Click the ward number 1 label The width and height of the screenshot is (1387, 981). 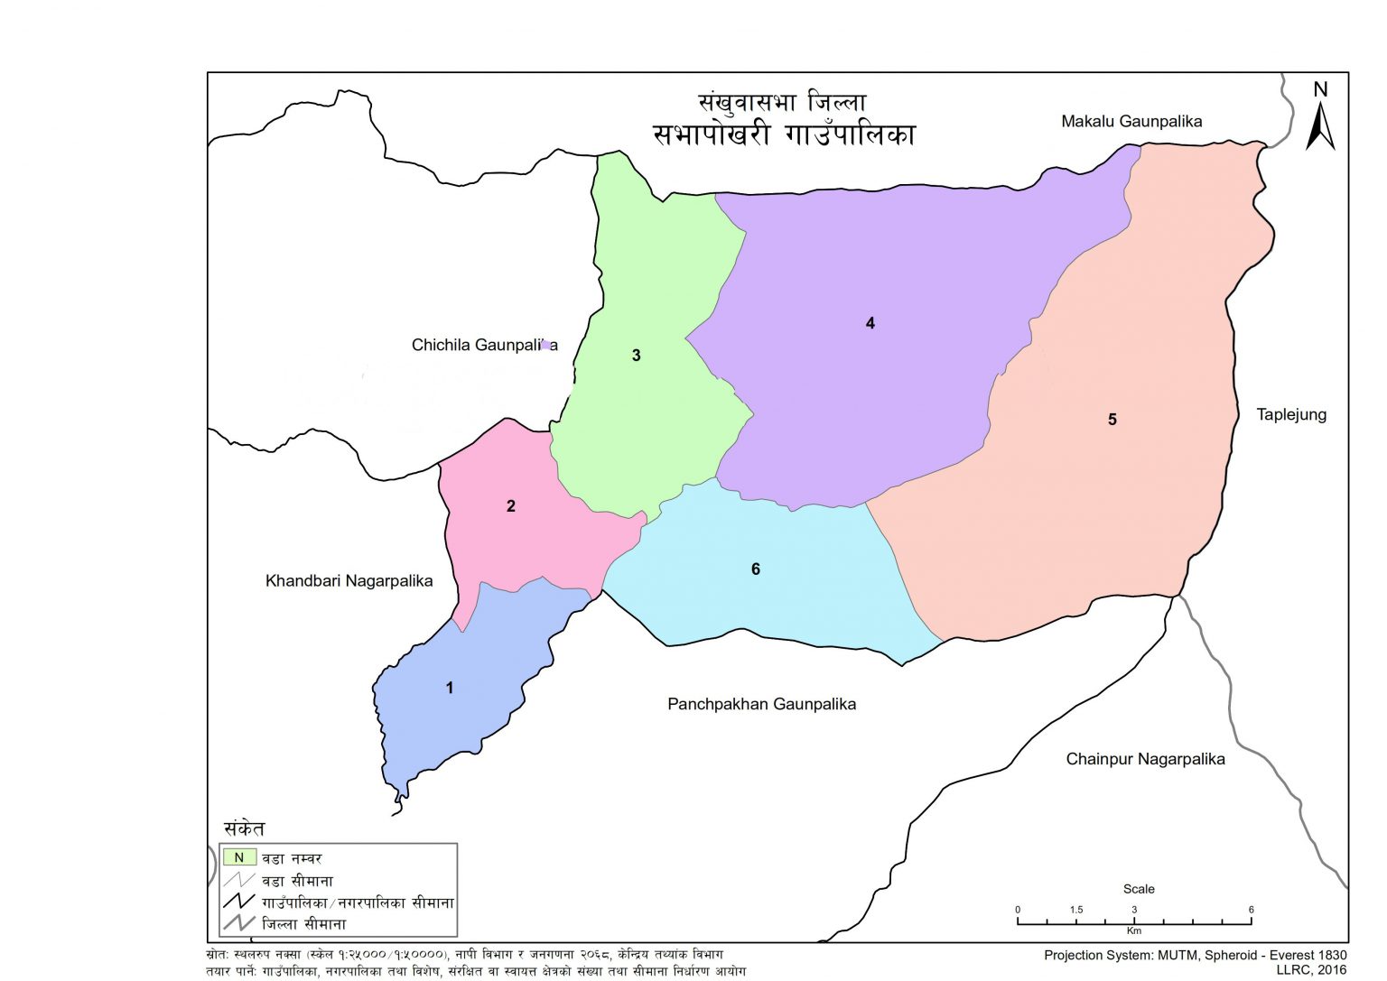(450, 688)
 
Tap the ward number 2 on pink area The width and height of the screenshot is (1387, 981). (511, 506)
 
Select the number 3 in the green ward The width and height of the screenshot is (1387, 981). (636, 356)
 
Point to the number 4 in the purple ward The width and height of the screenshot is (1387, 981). (870, 323)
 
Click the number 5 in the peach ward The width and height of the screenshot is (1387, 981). (1112, 420)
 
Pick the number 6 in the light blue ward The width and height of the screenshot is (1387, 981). (756, 569)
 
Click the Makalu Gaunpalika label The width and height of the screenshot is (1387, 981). (1131, 121)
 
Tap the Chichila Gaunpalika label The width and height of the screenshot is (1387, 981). (484, 345)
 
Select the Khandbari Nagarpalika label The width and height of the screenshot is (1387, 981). (349, 581)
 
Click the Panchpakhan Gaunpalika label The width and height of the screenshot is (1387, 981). (761, 704)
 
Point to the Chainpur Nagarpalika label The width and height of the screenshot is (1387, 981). (1145, 759)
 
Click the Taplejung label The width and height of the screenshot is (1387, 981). (1291, 415)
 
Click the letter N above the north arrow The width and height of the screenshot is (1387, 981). (1320, 89)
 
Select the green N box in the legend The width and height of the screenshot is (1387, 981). (239, 857)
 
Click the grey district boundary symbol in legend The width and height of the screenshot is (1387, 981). (239, 923)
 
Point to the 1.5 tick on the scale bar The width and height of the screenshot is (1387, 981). (1075, 910)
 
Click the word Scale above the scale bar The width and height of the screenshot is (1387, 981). (1138, 889)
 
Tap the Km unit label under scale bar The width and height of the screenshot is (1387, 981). (1134, 930)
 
